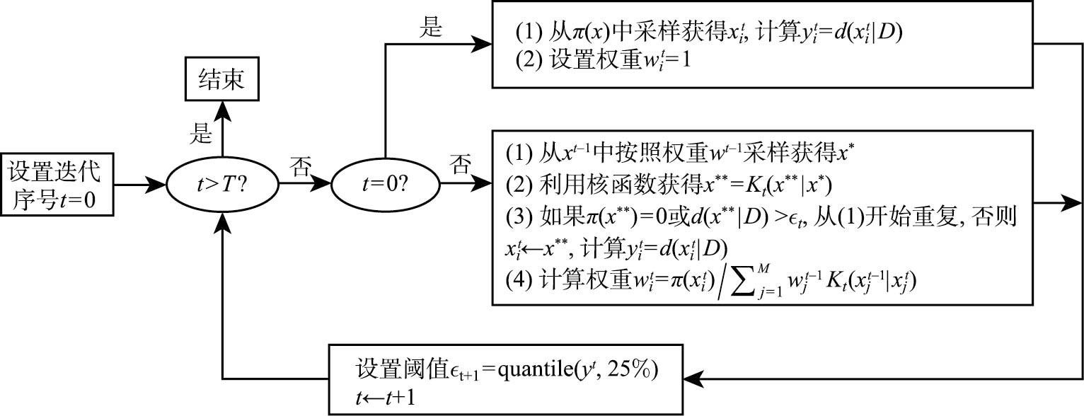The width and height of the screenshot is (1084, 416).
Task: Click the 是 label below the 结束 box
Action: click(203, 132)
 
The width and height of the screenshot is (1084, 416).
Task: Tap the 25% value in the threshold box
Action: click(631, 369)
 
